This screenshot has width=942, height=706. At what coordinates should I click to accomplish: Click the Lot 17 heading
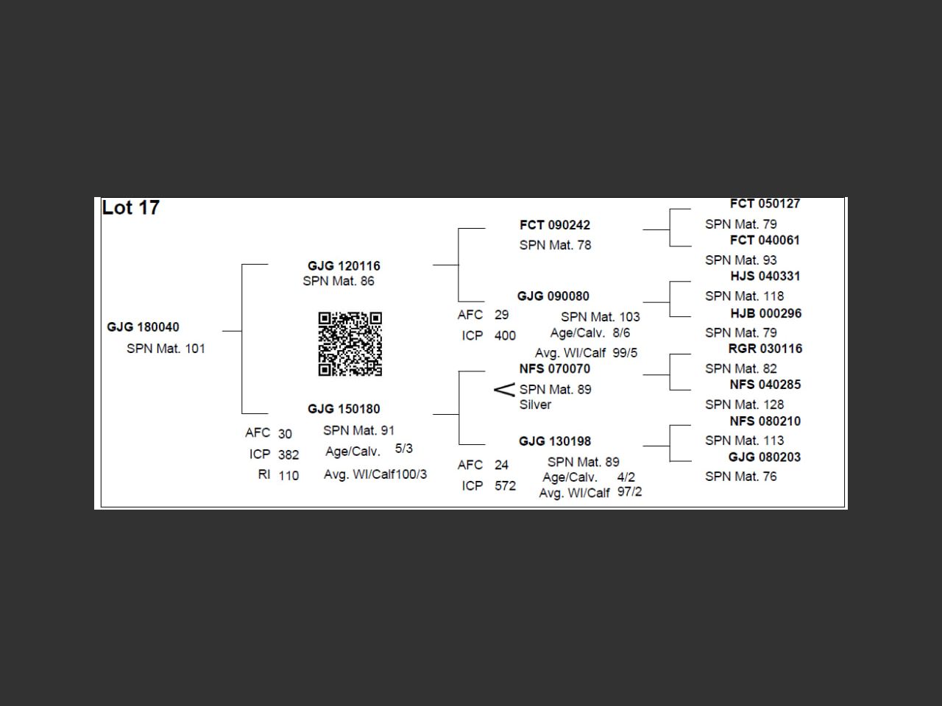(130, 208)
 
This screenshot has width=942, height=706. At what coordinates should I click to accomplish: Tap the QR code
(350, 343)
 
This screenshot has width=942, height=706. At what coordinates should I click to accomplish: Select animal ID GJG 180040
(143, 327)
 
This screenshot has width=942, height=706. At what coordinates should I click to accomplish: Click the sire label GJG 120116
(344, 266)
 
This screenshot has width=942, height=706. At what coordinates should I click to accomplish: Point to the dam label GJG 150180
(344, 409)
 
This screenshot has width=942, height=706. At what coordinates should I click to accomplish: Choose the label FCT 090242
(554, 225)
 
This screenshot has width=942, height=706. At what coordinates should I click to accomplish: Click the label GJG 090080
(553, 296)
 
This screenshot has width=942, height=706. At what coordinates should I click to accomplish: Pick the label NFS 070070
(554, 369)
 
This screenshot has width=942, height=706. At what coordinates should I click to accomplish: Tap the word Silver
(535, 404)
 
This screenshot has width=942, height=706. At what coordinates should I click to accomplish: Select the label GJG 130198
(554, 441)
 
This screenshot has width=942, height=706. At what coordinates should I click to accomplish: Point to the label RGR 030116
(765, 349)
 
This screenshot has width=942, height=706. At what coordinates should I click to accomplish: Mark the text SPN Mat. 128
(744, 404)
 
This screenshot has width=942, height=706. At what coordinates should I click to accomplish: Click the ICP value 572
(505, 486)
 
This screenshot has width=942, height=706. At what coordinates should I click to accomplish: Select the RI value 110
(288, 476)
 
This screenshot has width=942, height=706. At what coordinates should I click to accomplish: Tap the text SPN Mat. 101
(166, 349)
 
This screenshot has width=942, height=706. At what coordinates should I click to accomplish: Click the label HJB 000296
(765, 313)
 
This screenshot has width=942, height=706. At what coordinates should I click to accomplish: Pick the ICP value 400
(505, 336)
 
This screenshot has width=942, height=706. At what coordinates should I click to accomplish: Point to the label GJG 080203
(764, 457)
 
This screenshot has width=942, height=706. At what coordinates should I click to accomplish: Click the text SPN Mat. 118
(744, 296)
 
